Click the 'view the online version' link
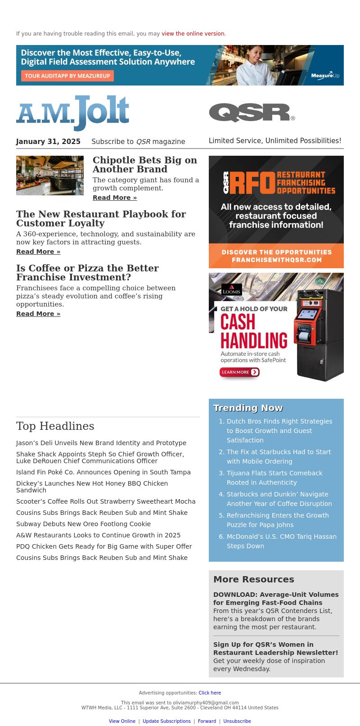coord(193,34)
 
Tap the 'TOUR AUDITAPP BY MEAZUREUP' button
coord(67,76)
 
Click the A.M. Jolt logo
coord(73,113)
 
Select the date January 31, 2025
coord(48,141)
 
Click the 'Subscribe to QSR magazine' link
coord(138,141)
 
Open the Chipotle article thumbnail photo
coord(50,176)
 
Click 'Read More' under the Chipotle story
coord(115,198)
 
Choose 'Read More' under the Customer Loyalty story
coord(38,252)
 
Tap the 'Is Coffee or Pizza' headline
coord(87,272)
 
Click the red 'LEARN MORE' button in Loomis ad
coord(239,372)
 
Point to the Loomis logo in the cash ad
coord(232,290)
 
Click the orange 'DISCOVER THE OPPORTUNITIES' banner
coord(276,256)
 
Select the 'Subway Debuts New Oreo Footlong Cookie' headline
coord(83,524)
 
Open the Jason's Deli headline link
coord(101,443)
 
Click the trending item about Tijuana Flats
coord(274,478)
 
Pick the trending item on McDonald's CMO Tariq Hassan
coord(281,541)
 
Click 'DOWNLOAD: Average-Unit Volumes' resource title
coord(276,598)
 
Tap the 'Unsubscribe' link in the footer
coord(237,721)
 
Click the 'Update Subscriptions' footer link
coord(166,721)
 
